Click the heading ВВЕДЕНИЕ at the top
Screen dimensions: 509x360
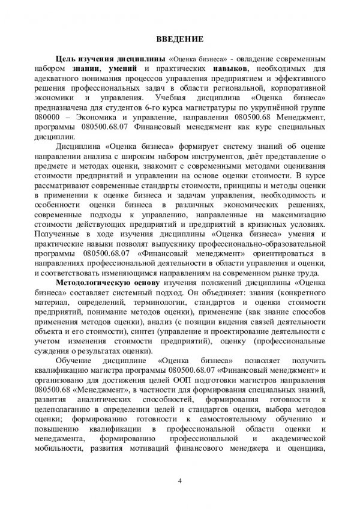pos(179,40)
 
